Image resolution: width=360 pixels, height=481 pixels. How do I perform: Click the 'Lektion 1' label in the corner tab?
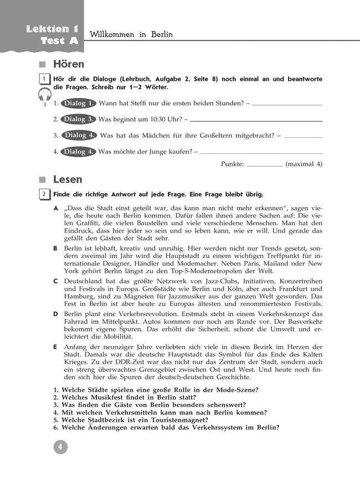pos(52,29)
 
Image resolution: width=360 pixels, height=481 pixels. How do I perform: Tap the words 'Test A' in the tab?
pos(59,42)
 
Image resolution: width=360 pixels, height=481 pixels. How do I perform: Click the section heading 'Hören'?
pos(69,65)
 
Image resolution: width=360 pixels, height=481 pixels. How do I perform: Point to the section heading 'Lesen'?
pos(68,180)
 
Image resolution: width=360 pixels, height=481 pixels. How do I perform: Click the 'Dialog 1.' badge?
pos(78,104)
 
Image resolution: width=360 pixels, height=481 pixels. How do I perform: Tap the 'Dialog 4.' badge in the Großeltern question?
pos(78,135)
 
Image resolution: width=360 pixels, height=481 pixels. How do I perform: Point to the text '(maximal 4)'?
pos(304,164)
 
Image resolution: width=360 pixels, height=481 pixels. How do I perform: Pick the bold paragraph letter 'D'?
pos(55,314)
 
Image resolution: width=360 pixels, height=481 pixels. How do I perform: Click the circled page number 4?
pos(60,447)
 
